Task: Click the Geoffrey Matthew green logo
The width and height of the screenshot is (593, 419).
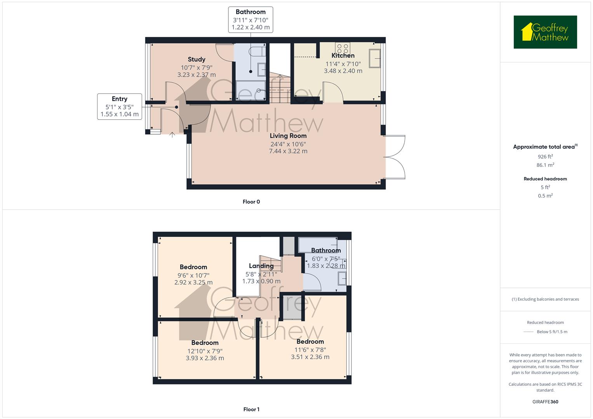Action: pyautogui.click(x=545, y=32)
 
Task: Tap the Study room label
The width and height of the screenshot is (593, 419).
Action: pyautogui.click(x=197, y=59)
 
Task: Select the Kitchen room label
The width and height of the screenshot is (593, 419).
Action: pyautogui.click(x=343, y=55)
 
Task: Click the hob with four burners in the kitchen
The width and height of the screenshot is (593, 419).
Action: pyautogui.click(x=343, y=48)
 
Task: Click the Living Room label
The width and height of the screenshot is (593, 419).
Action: pyautogui.click(x=288, y=136)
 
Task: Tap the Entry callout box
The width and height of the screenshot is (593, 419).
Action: pyautogui.click(x=120, y=106)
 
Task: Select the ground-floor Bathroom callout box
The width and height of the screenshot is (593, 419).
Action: pyautogui.click(x=250, y=19)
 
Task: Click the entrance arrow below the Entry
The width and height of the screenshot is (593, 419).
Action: pyautogui.click(x=172, y=135)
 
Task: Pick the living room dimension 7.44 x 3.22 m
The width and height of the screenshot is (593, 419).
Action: pyautogui.click(x=288, y=151)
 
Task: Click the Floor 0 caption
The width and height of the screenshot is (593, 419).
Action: pyautogui.click(x=251, y=202)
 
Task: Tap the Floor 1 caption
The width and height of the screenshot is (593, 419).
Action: pyautogui.click(x=251, y=409)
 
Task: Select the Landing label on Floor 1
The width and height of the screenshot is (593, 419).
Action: pyautogui.click(x=261, y=266)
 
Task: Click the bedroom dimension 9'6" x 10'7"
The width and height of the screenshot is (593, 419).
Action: pyautogui.click(x=193, y=275)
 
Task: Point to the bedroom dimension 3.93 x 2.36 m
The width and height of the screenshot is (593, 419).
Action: pyautogui.click(x=205, y=358)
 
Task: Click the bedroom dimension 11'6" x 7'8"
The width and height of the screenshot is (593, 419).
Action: pyautogui.click(x=310, y=350)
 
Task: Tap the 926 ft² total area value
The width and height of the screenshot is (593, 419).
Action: pyautogui.click(x=545, y=157)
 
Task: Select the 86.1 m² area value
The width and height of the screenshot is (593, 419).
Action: pyautogui.click(x=545, y=165)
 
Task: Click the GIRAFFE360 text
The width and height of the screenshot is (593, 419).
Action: pyautogui.click(x=545, y=402)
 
